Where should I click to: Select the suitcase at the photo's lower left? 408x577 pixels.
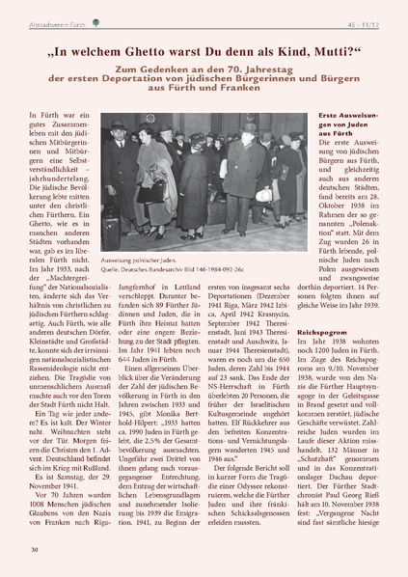pos(110,228)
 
